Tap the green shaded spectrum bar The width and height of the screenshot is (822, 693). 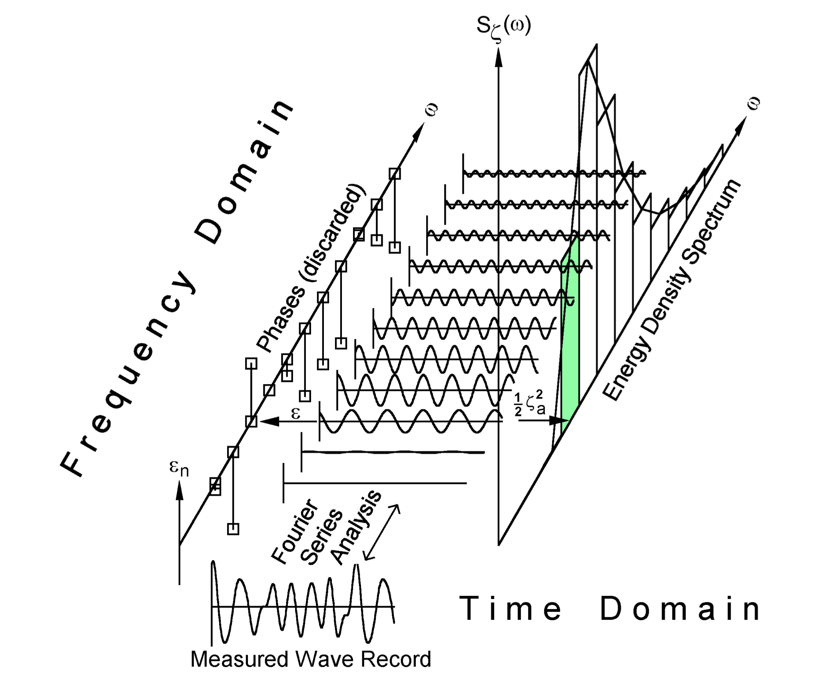pos(570,340)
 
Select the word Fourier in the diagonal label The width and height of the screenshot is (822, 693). pos(295,532)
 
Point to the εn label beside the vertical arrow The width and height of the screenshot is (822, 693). pos(179,468)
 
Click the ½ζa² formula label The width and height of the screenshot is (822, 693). pos(529,404)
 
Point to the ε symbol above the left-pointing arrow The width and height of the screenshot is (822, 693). pos(295,413)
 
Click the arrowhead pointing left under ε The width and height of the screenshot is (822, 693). pos(269,421)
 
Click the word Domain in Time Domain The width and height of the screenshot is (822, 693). pos(680,609)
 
